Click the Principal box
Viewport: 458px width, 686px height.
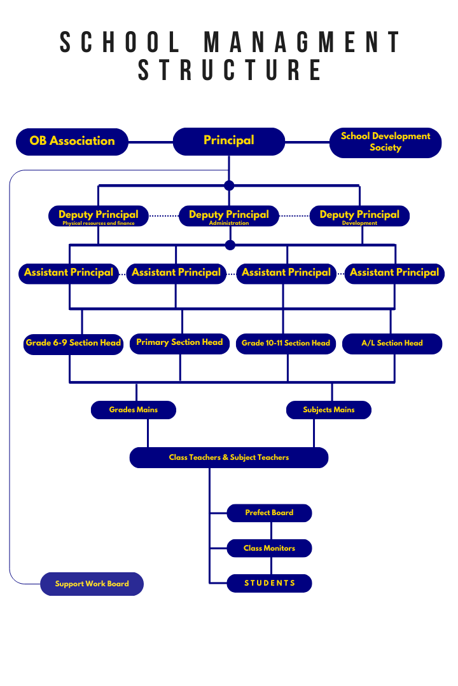[229, 141]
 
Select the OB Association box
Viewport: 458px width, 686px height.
[72, 141]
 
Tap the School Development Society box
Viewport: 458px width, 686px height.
[385, 142]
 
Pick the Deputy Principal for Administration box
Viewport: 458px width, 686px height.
[229, 216]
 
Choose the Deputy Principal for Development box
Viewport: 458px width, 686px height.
[359, 216]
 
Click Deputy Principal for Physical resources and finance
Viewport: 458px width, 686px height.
[99, 216]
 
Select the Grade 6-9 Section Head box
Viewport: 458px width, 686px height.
[73, 343]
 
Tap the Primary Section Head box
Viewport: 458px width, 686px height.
[179, 343]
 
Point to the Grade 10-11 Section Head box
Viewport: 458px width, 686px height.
[286, 344]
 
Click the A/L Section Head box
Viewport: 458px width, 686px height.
[392, 344]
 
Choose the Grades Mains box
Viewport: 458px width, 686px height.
[134, 410]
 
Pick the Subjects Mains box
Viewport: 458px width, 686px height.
[328, 410]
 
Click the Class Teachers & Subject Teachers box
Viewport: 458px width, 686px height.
[229, 457]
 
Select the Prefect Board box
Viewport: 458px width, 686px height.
[269, 513]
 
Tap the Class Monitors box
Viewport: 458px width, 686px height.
[269, 548]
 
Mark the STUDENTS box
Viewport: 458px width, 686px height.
[269, 583]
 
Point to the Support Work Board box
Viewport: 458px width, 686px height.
[92, 584]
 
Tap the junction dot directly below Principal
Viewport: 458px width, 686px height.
[229, 185]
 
